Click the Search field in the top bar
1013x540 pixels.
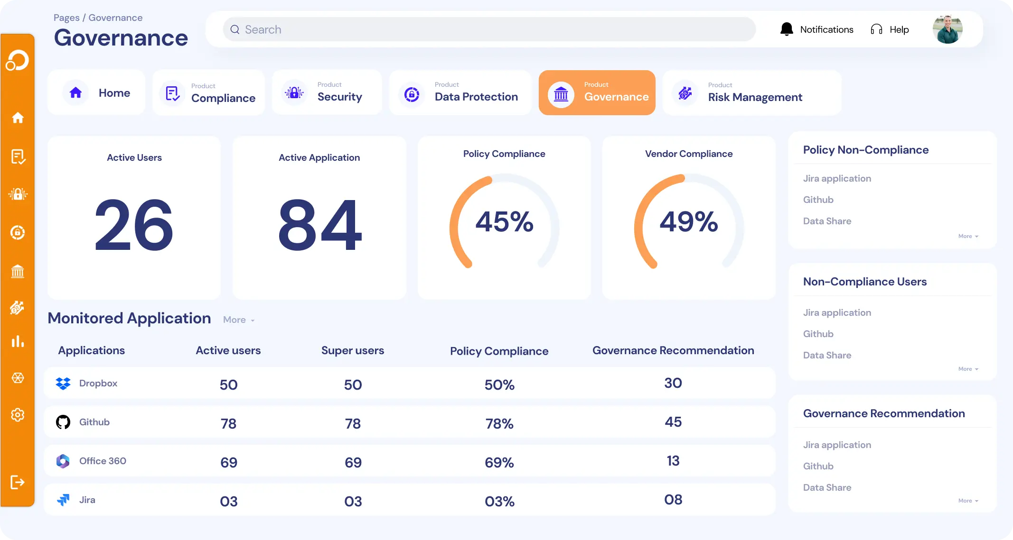tap(489, 29)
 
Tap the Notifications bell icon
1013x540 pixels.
tap(787, 29)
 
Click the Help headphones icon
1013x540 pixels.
tap(876, 29)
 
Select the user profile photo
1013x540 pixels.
tap(947, 29)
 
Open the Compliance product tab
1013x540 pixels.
tap(208, 93)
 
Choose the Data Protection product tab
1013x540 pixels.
tap(460, 93)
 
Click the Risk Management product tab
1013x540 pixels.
tap(752, 93)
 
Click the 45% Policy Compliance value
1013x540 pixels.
tap(504, 221)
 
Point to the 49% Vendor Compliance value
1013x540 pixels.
tap(688, 221)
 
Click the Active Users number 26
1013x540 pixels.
tap(134, 224)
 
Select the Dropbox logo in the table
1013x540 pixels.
tap(63, 383)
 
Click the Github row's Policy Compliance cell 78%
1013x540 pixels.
tap(499, 423)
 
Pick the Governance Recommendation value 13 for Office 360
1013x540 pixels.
tap(673, 461)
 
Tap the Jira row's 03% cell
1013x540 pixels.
tap(499, 501)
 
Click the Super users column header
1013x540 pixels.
tap(352, 350)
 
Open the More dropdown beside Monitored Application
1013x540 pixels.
tap(239, 320)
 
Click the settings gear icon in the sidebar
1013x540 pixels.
tap(18, 415)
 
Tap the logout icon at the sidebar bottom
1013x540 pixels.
tap(18, 482)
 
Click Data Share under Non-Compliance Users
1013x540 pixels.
tap(827, 355)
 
